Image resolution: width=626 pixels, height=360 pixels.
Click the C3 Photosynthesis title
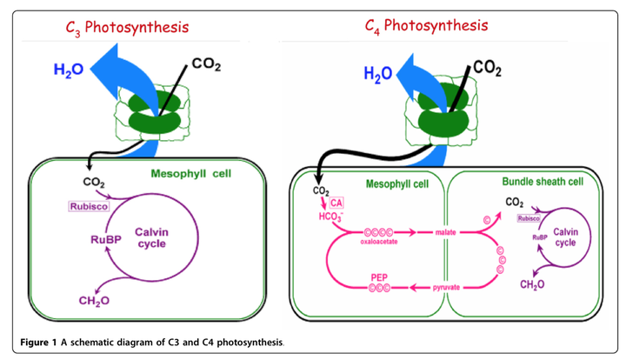[x=127, y=27]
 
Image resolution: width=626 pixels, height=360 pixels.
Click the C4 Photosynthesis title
[x=426, y=25]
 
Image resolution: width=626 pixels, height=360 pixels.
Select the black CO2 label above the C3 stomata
[x=205, y=63]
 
